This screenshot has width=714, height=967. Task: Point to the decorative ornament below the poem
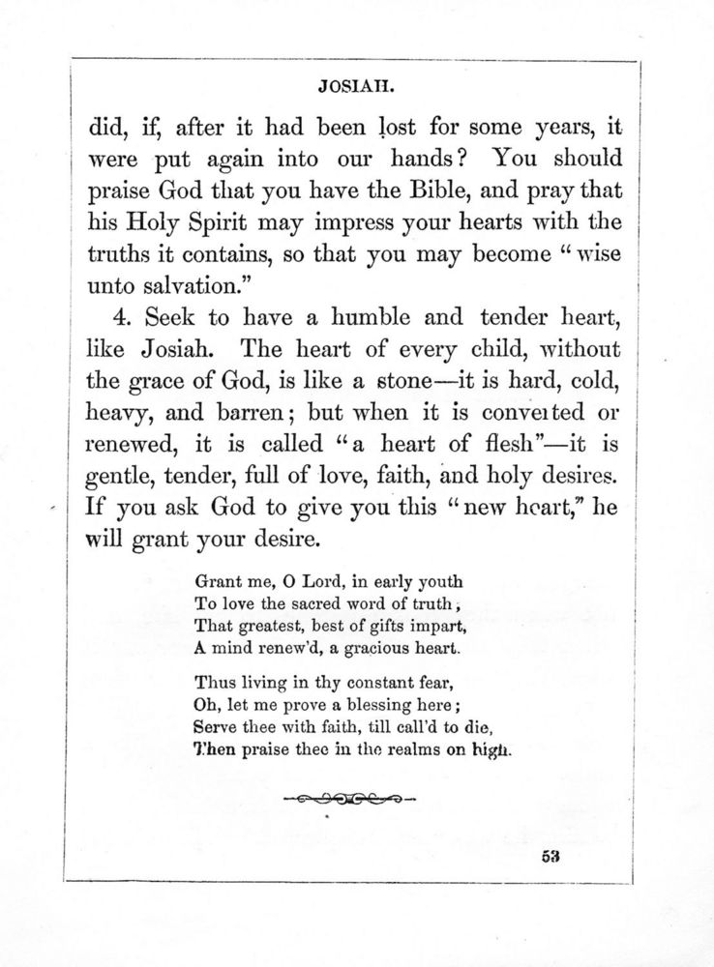349,799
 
